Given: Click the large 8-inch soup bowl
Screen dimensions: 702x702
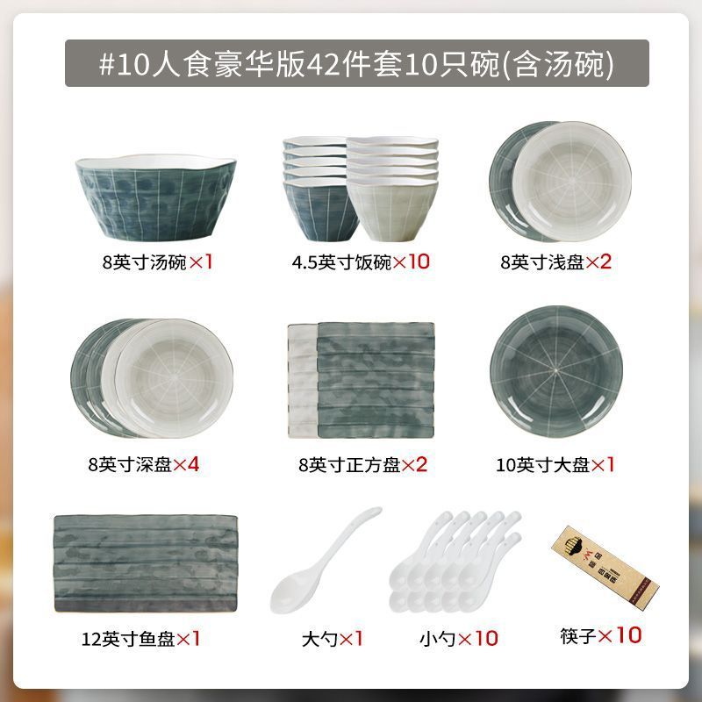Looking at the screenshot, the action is coord(156,197).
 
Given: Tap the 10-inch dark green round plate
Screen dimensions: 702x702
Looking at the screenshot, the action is coord(556,371).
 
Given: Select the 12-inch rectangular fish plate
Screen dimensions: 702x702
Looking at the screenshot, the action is coord(146,563).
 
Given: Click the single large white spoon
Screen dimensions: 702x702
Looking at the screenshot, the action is coord(324,561).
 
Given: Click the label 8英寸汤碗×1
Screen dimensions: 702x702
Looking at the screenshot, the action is coord(157,261).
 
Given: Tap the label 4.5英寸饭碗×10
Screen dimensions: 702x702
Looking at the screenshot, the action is coord(361,261).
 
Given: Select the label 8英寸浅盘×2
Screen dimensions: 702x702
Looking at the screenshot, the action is coord(555,261).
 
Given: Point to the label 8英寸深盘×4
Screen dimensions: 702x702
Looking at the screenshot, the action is coord(143,464).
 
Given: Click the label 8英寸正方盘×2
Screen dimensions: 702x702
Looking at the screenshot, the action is coord(362,465).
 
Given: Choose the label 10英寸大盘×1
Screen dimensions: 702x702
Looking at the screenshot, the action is coord(555,465).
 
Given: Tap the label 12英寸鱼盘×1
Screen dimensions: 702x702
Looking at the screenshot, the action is coord(140,639).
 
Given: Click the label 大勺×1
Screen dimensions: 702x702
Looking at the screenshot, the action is coord(333,639).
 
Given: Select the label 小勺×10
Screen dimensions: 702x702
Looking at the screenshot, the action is coord(458,639).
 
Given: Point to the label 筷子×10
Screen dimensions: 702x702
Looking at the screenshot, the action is coord(601,635).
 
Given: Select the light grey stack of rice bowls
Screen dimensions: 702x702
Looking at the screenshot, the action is coord(392,189).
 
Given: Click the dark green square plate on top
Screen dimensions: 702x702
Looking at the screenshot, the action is coord(376,380).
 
